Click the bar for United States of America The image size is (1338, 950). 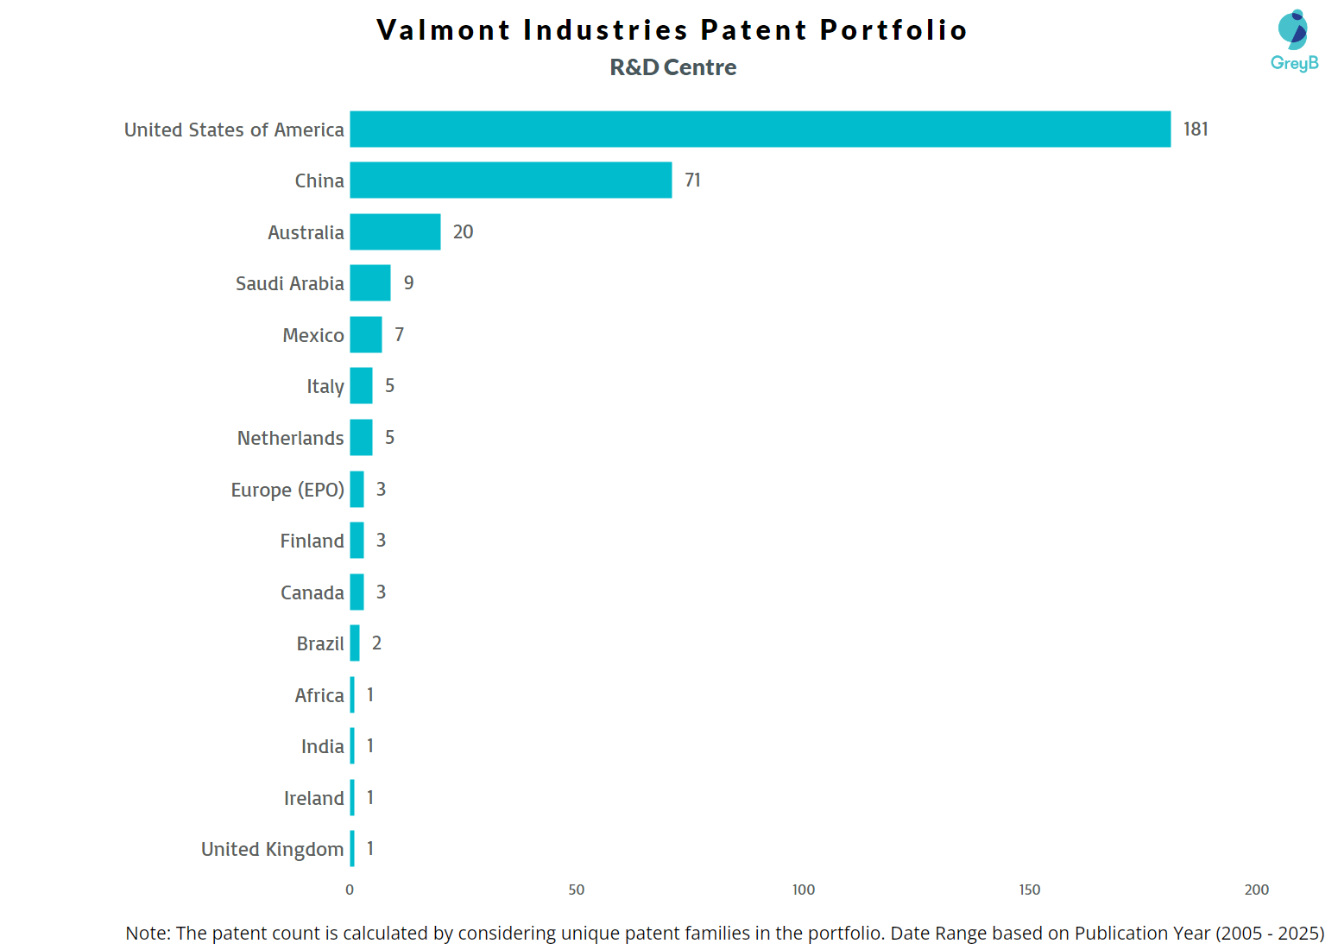760,129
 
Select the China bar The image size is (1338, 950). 510,180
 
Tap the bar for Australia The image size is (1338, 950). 394,231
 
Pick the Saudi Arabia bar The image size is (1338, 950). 369,282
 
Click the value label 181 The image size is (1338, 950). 1196,129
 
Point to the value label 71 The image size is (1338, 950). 692,180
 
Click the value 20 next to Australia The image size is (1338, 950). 463,231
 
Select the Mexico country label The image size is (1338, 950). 313,335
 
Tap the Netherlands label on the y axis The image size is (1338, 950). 290,438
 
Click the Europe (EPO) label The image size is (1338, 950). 287,490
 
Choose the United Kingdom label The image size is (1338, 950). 272,849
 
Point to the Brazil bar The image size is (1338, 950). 355,643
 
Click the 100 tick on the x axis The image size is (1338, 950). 803,890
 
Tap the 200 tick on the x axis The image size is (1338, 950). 1256,890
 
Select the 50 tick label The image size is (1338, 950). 576,890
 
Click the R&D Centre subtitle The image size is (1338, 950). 673,67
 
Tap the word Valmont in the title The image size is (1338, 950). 444,29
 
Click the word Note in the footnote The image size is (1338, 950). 147,933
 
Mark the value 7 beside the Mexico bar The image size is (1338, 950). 399,334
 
